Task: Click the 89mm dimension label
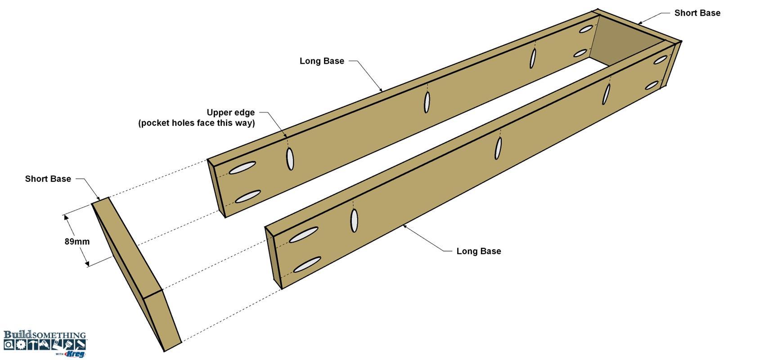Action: point(77,242)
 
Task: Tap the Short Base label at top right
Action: point(697,13)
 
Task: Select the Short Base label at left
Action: point(48,179)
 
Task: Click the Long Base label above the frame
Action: point(322,61)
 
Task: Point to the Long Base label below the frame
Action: point(478,251)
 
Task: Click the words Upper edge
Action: point(231,112)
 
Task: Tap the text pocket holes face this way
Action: point(197,123)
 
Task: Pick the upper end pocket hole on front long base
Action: point(303,235)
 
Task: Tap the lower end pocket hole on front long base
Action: point(307,265)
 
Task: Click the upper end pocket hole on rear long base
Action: point(242,168)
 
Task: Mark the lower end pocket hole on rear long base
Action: point(247,197)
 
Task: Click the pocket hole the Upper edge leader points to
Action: point(290,159)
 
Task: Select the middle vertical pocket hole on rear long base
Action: point(427,102)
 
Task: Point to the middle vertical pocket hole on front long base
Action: point(498,148)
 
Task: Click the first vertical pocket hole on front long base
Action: point(354,220)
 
